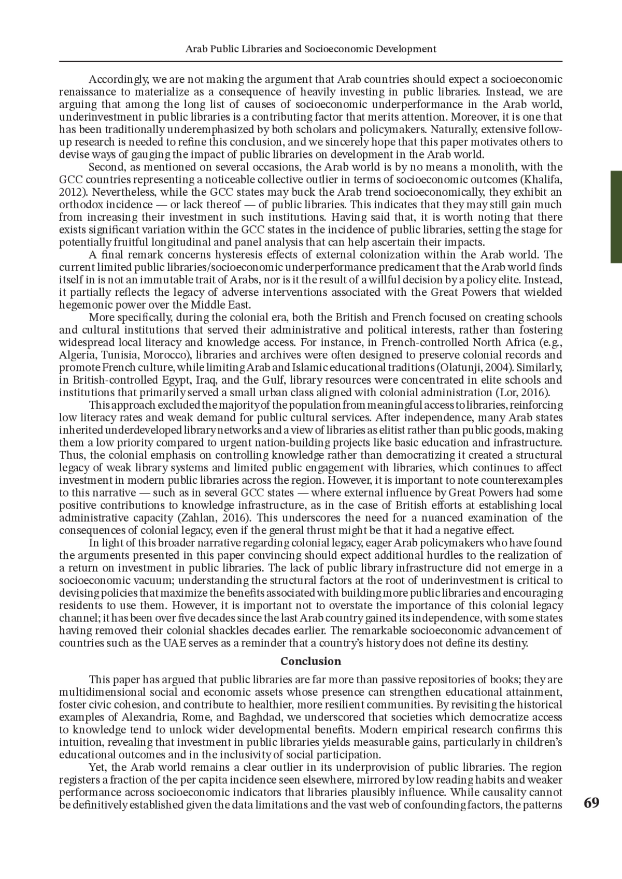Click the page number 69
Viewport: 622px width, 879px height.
(x=591, y=803)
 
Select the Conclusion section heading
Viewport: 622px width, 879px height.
(x=310, y=661)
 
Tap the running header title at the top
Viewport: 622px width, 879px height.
(x=310, y=49)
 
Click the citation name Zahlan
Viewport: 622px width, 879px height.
(x=196, y=517)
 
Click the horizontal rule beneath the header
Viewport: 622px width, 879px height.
(x=310, y=61)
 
